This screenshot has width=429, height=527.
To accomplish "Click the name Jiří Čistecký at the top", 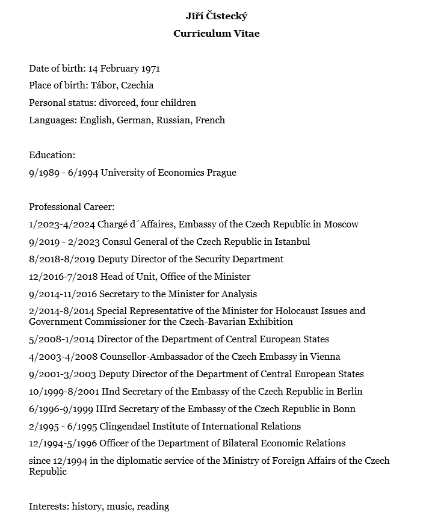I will (x=217, y=16).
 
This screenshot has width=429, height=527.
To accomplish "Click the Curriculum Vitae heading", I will (x=217, y=34).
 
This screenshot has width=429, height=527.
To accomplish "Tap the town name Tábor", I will (x=103, y=85).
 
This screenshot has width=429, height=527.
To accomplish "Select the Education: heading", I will (x=52, y=155).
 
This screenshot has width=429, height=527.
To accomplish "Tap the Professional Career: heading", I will (x=72, y=207).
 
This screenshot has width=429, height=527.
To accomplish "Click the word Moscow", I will (x=341, y=224).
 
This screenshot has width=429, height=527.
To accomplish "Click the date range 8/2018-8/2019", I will (x=62, y=259).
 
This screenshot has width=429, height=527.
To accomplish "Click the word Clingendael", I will (x=128, y=427).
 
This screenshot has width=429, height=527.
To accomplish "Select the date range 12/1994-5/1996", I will (x=63, y=443).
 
